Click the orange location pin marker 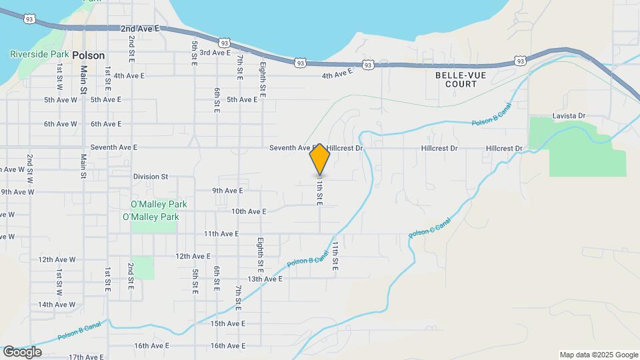pyautogui.click(x=320, y=159)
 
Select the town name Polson pyautogui.click(x=89, y=55)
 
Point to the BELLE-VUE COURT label pyautogui.click(x=457, y=80)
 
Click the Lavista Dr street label pyautogui.click(x=569, y=116)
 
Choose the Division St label pyautogui.click(x=151, y=177)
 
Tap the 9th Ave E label pyautogui.click(x=228, y=191)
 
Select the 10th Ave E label pyautogui.click(x=249, y=211)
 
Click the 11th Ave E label pyautogui.click(x=221, y=234)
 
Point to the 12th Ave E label pyautogui.click(x=193, y=256)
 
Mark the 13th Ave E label pyautogui.click(x=265, y=279)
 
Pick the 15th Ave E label pyautogui.click(x=228, y=323)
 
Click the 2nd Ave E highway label pyautogui.click(x=141, y=29)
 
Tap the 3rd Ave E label pyautogui.click(x=215, y=52)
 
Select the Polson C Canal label pyautogui.click(x=430, y=227)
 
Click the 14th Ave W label pyautogui.click(x=57, y=305)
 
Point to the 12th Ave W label pyautogui.click(x=57, y=259)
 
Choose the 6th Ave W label pyautogui.click(x=61, y=124)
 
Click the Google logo pyautogui.click(x=22, y=351)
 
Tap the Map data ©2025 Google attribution pyautogui.click(x=598, y=355)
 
